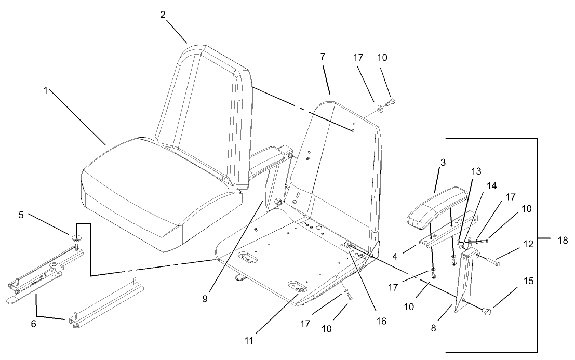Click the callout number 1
click(x=46, y=90)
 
